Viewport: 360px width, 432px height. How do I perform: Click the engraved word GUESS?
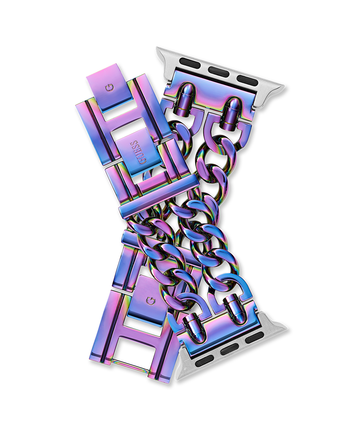[137, 153]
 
